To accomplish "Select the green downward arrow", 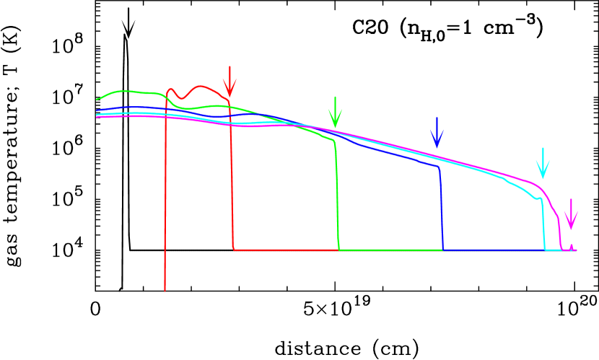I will [335, 113].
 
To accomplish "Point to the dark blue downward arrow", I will [437, 133].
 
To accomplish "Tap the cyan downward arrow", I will [543, 164].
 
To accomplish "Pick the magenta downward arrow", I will [571, 215].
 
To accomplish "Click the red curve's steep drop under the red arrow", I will [232, 180].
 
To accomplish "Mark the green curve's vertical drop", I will [337, 195].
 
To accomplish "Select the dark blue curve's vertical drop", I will [441, 209].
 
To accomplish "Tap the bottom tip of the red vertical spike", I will [165, 290].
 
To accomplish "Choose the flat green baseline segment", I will [390, 250].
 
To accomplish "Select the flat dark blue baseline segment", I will [491, 250].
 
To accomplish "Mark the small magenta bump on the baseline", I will [572, 247].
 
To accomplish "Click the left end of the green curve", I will [97, 100].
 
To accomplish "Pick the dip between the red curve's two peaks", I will [183, 99].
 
